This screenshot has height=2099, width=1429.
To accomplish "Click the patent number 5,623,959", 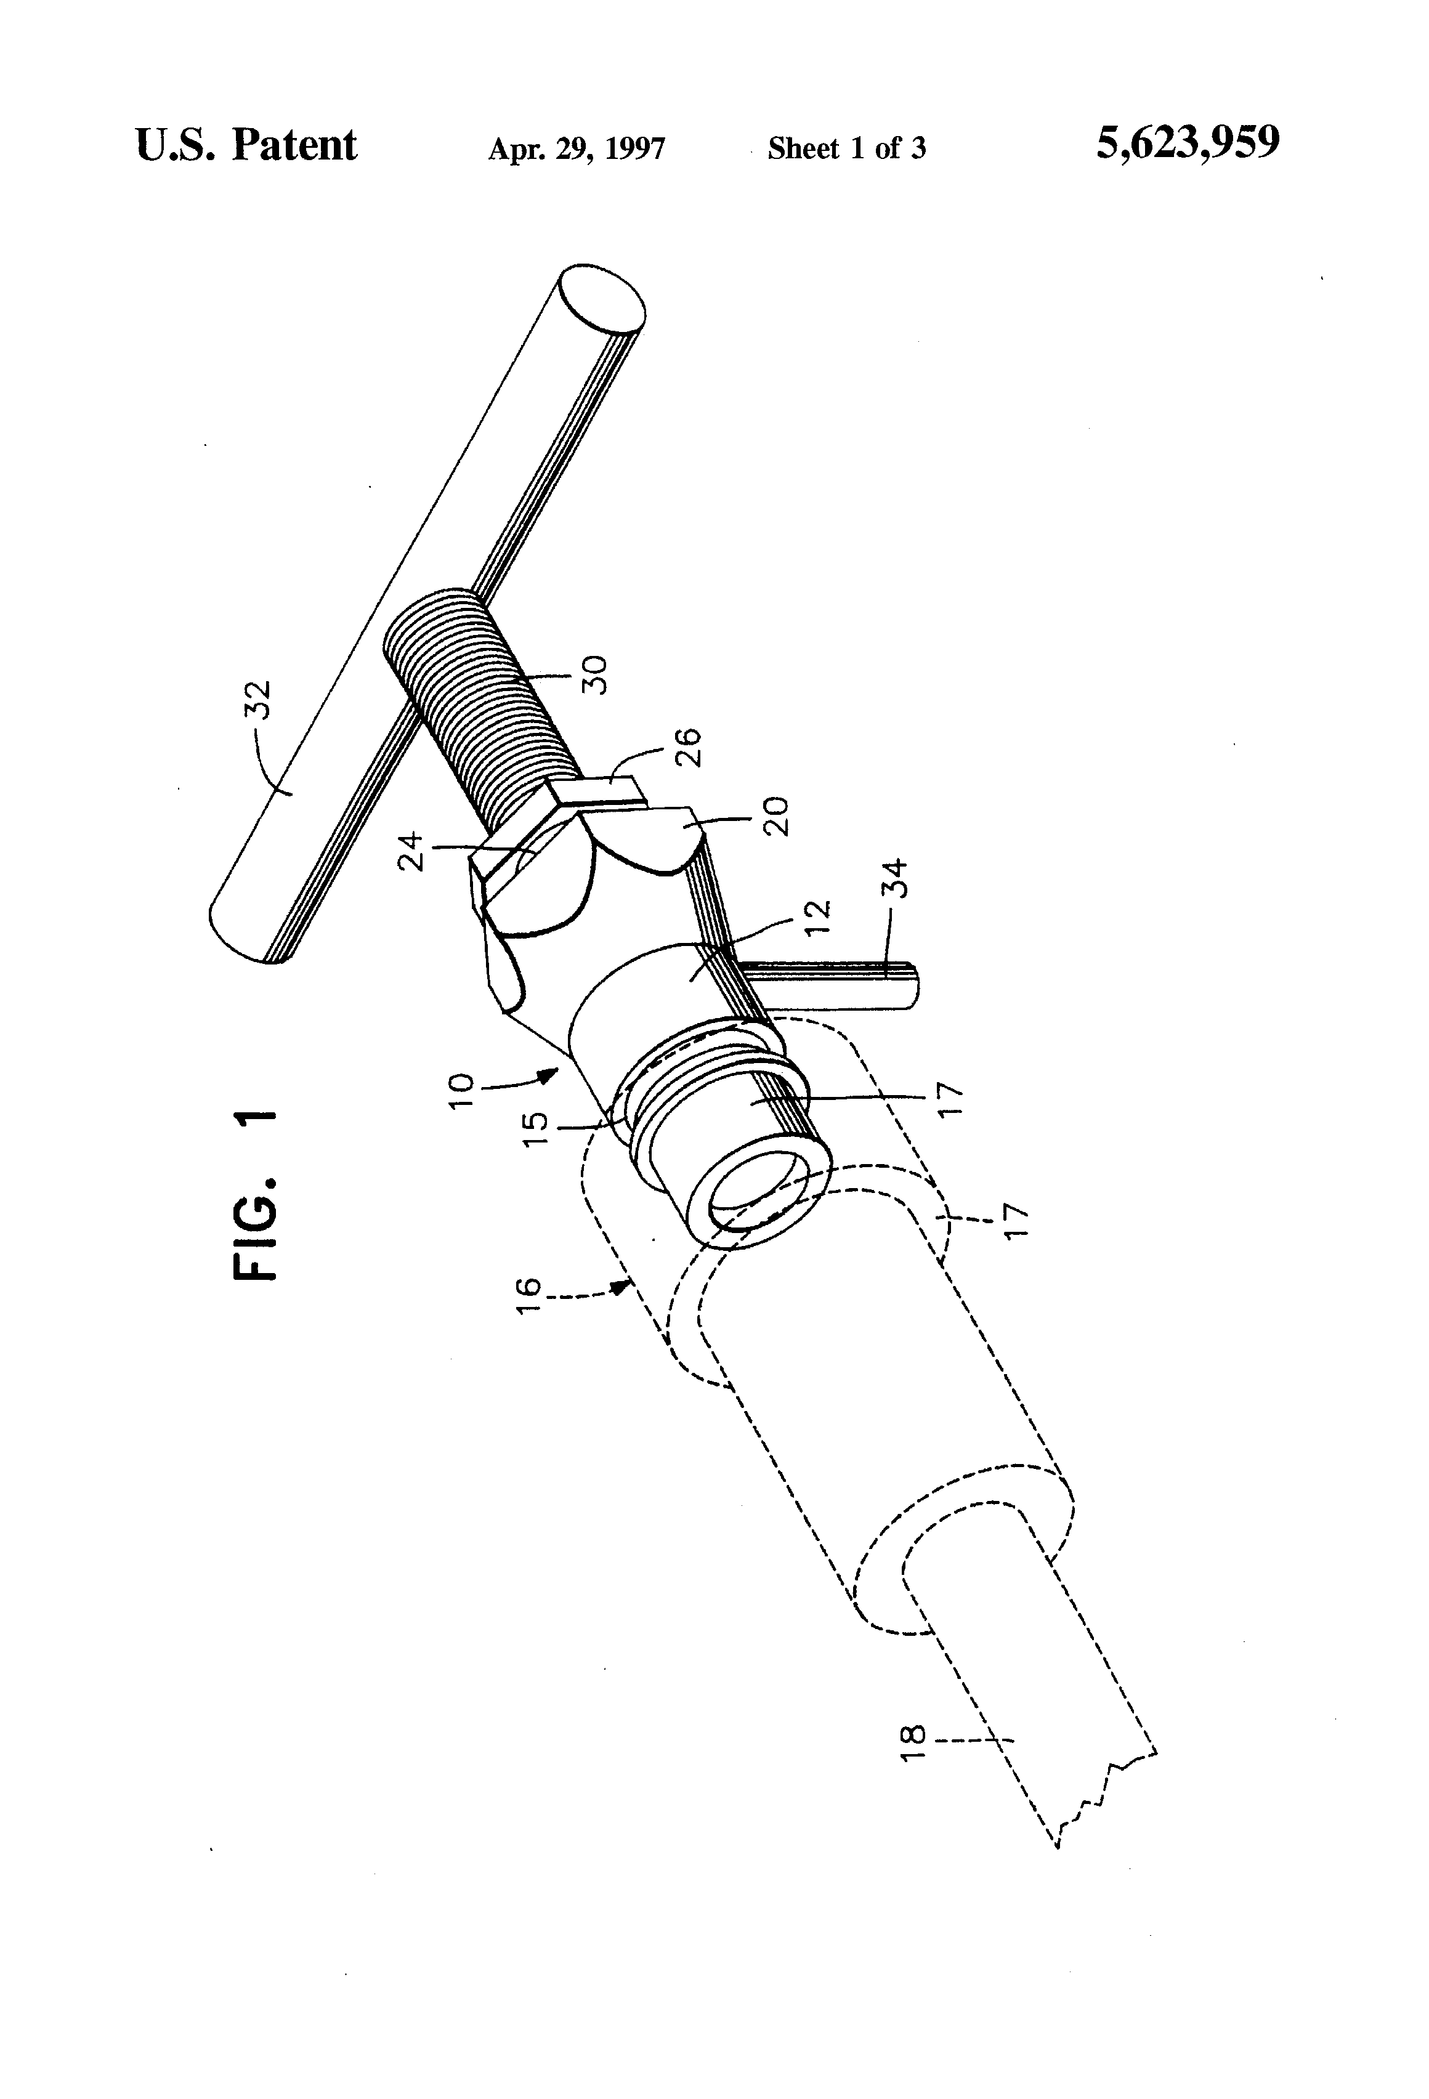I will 1187,144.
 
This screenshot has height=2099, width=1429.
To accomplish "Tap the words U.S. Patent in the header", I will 246,145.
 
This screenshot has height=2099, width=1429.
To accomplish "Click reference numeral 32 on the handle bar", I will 258,699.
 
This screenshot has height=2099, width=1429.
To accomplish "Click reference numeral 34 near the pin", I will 894,880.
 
